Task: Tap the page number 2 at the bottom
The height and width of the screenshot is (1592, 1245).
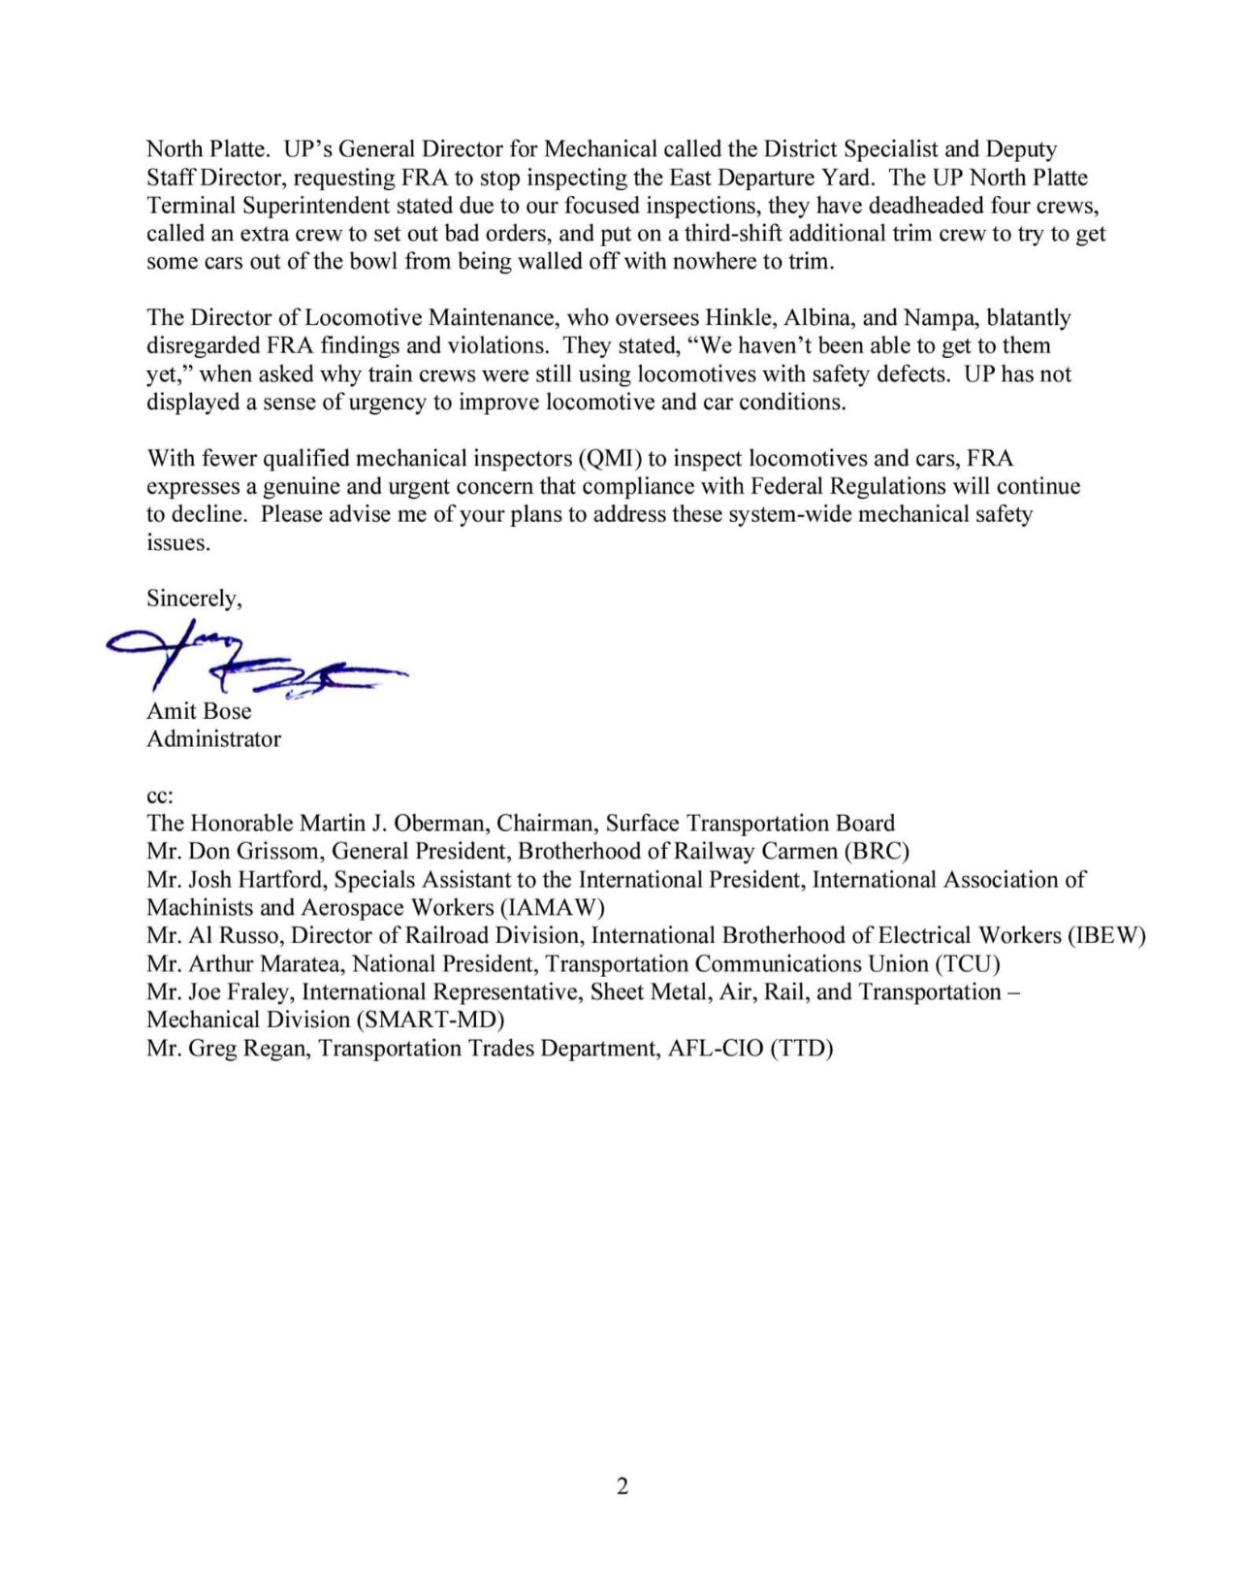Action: pyautogui.click(x=622, y=1485)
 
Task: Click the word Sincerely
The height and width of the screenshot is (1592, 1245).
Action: pyautogui.click(x=193, y=599)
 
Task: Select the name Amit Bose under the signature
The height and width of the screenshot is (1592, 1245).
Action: pyautogui.click(x=199, y=711)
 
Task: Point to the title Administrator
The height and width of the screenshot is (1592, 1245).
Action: pyautogui.click(x=213, y=739)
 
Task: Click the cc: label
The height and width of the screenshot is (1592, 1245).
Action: pyautogui.click(x=160, y=796)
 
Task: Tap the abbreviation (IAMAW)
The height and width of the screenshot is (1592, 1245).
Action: pyautogui.click(x=552, y=908)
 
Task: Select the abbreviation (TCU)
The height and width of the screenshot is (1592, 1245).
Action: pyautogui.click(x=967, y=964)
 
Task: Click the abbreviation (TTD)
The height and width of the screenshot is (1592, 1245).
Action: pyautogui.click(x=801, y=1049)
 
